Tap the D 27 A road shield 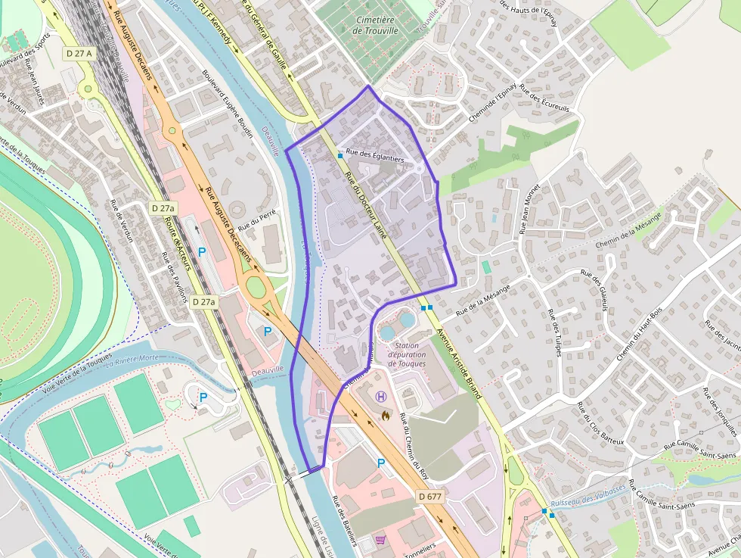coord(78,53)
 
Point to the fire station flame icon coord(386,415)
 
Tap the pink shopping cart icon coord(380,541)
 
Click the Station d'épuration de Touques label coord(407,354)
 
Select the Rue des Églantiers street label coord(375,155)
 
